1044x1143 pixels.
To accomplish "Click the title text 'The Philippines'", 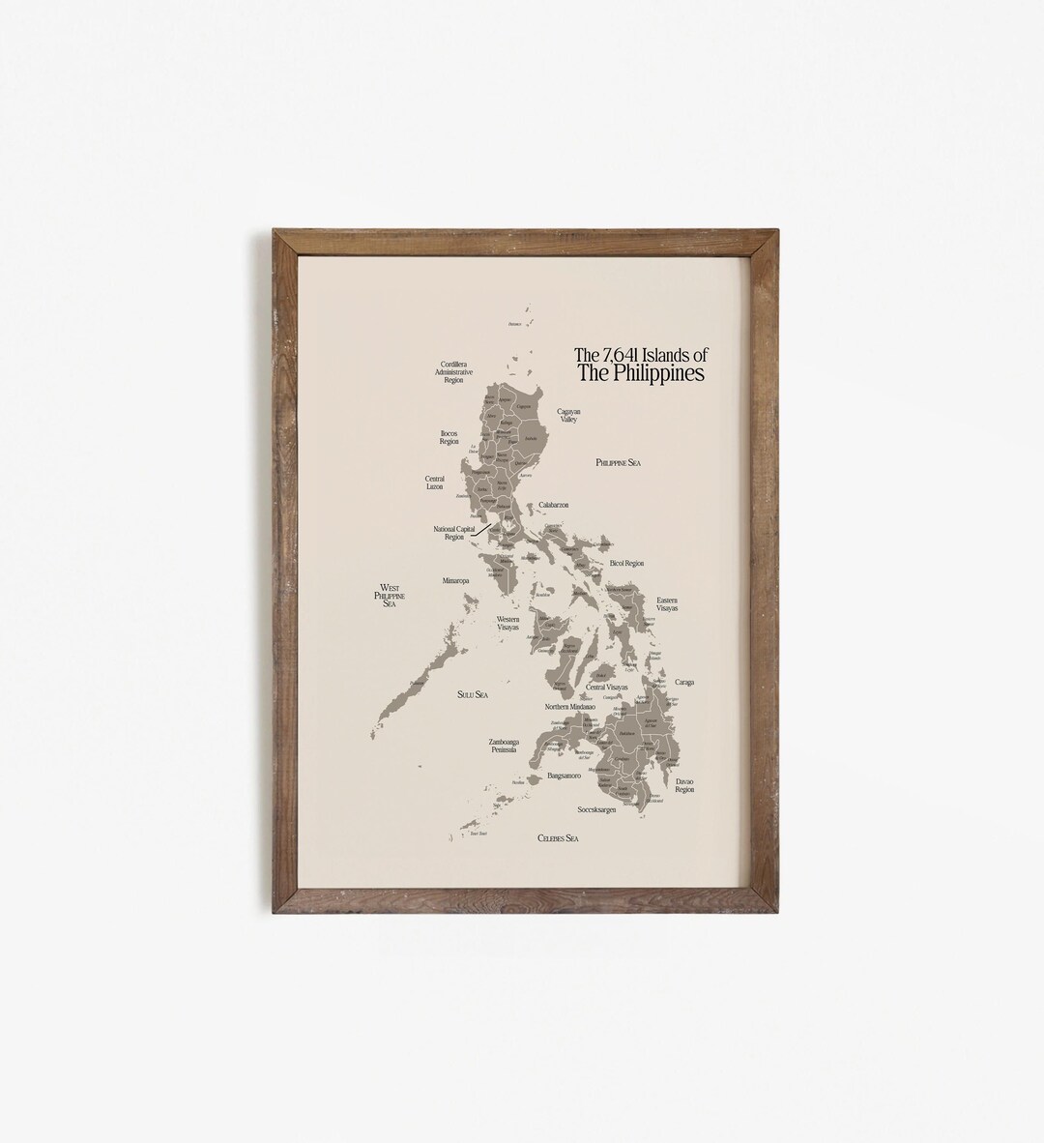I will pyautogui.click(x=641, y=373).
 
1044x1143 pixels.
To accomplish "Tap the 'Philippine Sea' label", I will pyautogui.click(x=619, y=463).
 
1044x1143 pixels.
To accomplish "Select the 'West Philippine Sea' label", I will pyautogui.click(x=390, y=595).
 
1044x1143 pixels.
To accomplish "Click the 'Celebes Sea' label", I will pyautogui.click(x=558, y=838).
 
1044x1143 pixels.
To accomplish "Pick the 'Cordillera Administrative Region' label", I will pyautogui.click(x=454, y=372).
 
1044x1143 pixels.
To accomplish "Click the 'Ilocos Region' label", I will pyautogui.click(x=449, y=436).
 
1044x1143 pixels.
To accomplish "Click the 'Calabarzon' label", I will pyautogui.click(x=554, y=505).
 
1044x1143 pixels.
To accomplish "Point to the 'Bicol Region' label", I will pyautogui.click(x=625, y=563).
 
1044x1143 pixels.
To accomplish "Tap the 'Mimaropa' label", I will pyautogui.click(x=455, y=582).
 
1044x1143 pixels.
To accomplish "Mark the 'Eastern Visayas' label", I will pyautogui.click(x=667, y=604).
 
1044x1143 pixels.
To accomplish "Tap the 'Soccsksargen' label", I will pyautogui.click(x=596, y=809).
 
